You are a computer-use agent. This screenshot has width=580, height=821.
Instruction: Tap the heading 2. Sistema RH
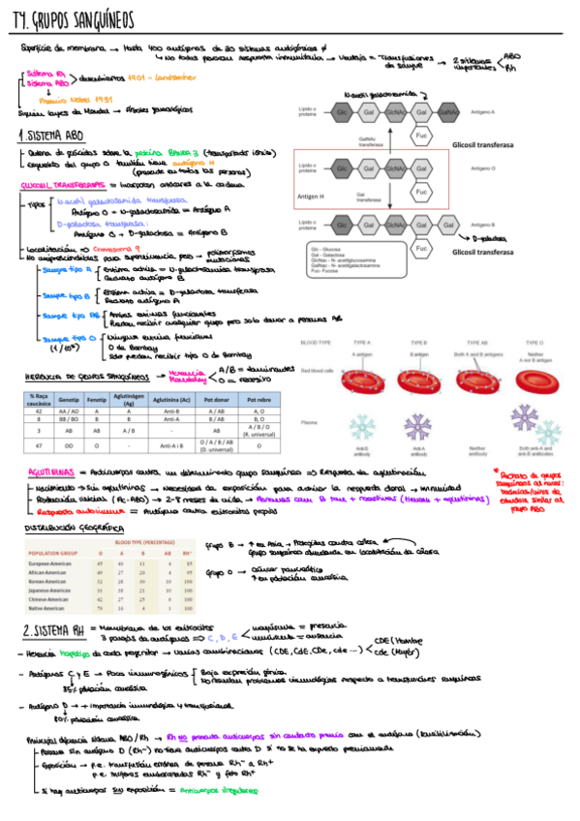pyautogui.click(x=54, y=630)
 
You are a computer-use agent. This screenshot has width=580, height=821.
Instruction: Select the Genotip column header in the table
pyautogui.click(x=68, y=398)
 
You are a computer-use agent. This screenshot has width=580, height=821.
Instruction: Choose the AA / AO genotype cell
pyautogui.click(x=68, y=411)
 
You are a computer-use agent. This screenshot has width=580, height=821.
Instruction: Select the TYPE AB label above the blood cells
pyautogui.click(x=477, y=343)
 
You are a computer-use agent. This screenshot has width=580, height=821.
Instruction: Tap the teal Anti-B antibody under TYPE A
pyautogui.click(x=361, y=429)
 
